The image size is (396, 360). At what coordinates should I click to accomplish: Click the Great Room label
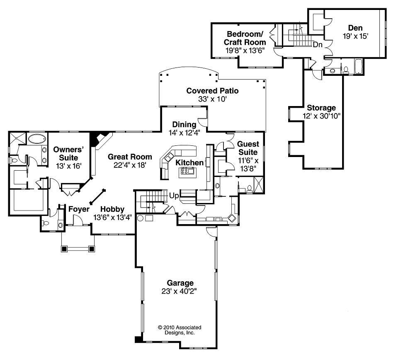(x=130, y=157)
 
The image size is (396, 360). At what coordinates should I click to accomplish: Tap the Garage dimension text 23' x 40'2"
(x=177, y=291)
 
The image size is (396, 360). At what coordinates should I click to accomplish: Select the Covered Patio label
(x=212, y=91)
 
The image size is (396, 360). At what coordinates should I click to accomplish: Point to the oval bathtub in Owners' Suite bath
(x=37, y=138)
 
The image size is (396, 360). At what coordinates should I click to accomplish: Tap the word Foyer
(x=79, y=209)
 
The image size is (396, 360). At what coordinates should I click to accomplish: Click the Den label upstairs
(x=355, y=28)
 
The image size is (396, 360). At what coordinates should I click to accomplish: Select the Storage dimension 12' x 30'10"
(x=321, y=116)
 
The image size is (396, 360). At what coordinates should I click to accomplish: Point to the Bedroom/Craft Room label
(x=245, y=38)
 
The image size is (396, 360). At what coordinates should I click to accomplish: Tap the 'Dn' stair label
(x=318, y=44)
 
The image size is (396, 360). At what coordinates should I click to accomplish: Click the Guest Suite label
(x=248, y=148)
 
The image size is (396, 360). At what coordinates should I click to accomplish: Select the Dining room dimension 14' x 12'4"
(x=184, y=133)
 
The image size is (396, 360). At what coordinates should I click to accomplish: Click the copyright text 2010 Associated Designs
(x=176, y=329)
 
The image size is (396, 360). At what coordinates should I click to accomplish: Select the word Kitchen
(x=189, y=162)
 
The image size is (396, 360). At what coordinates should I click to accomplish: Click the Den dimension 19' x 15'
(x=355, y=36)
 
